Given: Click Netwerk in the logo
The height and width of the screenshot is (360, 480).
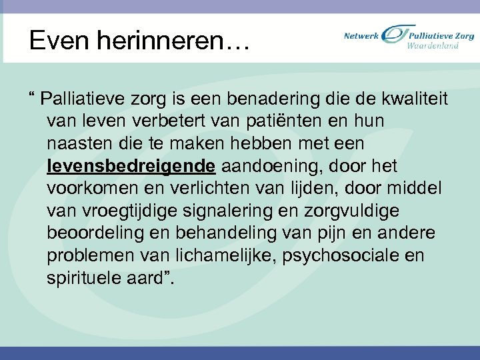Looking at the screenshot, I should [x=361, y=36].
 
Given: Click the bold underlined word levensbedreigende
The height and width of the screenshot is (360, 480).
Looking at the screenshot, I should [x=131, y=166].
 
